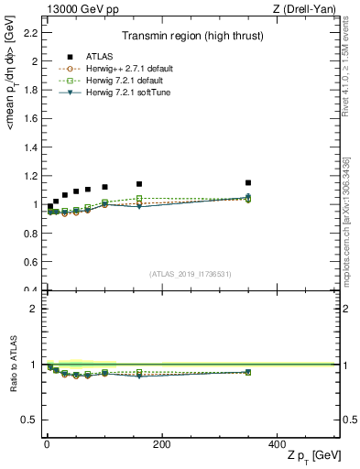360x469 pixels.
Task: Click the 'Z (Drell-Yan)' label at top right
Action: [x=308, y=9]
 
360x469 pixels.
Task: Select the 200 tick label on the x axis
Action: [x=161, y=444]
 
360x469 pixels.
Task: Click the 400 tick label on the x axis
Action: [x=276, y=444]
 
